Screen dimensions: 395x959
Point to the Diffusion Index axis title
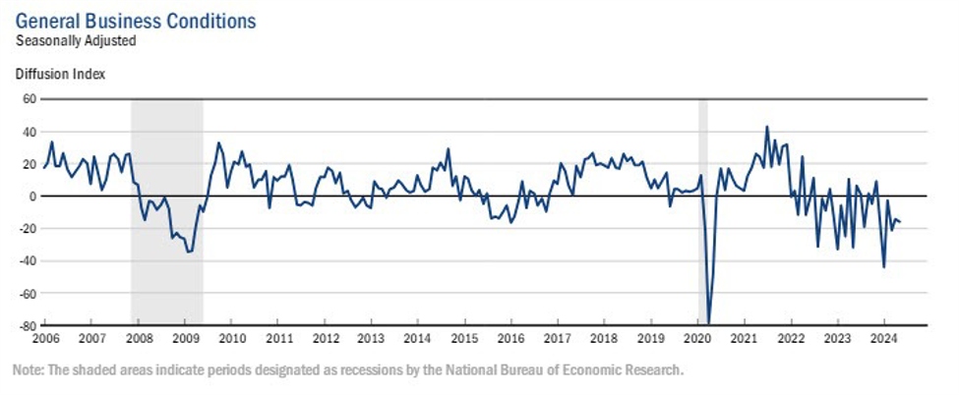[x=60, y=74]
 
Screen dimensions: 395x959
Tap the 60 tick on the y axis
[x=29, y=99]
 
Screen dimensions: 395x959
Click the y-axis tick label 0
[x=32, y=197]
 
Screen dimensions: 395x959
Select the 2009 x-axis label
[x=185, y=339]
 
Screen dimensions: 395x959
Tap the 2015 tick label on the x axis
[x=464, y=339]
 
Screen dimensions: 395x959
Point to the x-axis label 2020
[x=696, y=339]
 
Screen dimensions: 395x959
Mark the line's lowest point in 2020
[x=709, y=323]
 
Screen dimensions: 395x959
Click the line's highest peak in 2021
[x=767, y=127]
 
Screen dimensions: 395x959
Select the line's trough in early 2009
[x=189, y=253]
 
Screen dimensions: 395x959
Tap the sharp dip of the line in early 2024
[x=883, y=267]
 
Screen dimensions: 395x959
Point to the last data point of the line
[x=900, y=222]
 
